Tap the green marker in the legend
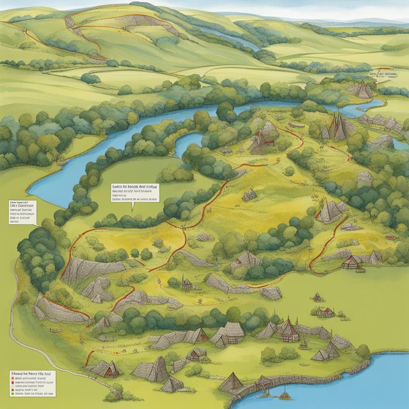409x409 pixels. (13, 393)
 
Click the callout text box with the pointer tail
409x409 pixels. (135, 193)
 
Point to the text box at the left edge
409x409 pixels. (22, 212)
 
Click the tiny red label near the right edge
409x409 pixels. (391, 237)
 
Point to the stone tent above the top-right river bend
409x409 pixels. (363, 90)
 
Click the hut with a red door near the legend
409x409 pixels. (107, 369)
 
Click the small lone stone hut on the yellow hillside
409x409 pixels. (250, 195)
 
